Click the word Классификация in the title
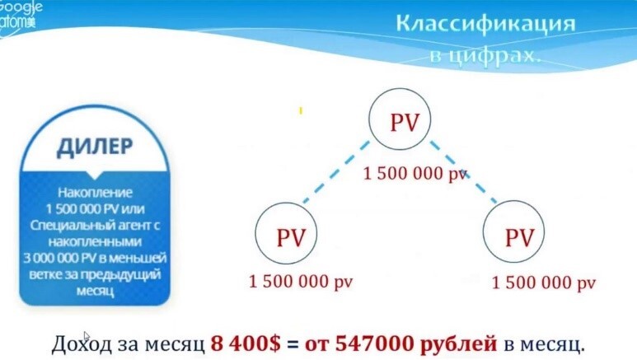pyautogui.click(x=485, y=23)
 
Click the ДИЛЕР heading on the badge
pyautogui.click(x=95, y=147)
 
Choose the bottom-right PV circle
pyautogui.click(x=519, y=238)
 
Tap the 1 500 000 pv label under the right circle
pyautogui.click(x=543, y=282)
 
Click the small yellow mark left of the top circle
pyautogui.click(x=302, y=109)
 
